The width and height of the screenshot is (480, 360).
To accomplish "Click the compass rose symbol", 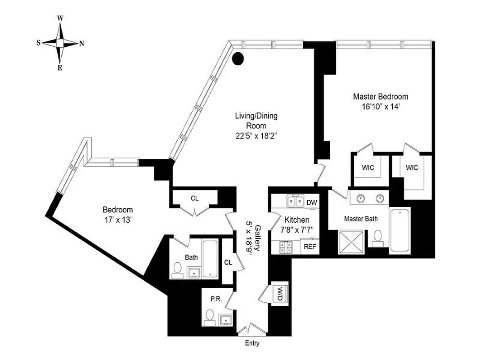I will coord(60,43).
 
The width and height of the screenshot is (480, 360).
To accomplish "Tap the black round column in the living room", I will coord(238,58).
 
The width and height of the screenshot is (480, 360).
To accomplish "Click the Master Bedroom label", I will coord(380,96).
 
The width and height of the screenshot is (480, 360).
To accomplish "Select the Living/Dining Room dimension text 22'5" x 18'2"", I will coord(256,137).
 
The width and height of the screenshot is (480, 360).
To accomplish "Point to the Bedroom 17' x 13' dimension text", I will coord(117,220).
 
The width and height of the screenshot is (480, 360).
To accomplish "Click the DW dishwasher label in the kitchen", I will coord(312,203).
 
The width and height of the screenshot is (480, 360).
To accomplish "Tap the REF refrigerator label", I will coord(310,246).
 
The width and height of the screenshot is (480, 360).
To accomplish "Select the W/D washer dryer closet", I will coord(279,294).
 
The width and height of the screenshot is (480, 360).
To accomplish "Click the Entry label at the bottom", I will coord(252,343).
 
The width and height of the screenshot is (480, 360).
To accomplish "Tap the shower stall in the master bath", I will coord(352,241).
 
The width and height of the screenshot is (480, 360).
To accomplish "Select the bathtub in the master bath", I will coord(400,230).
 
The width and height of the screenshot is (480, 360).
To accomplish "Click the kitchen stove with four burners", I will coord(285,247).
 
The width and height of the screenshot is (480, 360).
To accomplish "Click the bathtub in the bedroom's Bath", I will coord(210,259).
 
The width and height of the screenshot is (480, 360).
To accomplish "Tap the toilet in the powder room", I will coord(209,316).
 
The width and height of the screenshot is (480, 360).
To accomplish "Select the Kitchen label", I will coord(296,220).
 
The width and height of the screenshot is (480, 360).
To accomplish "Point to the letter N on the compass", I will coord(81,44).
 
